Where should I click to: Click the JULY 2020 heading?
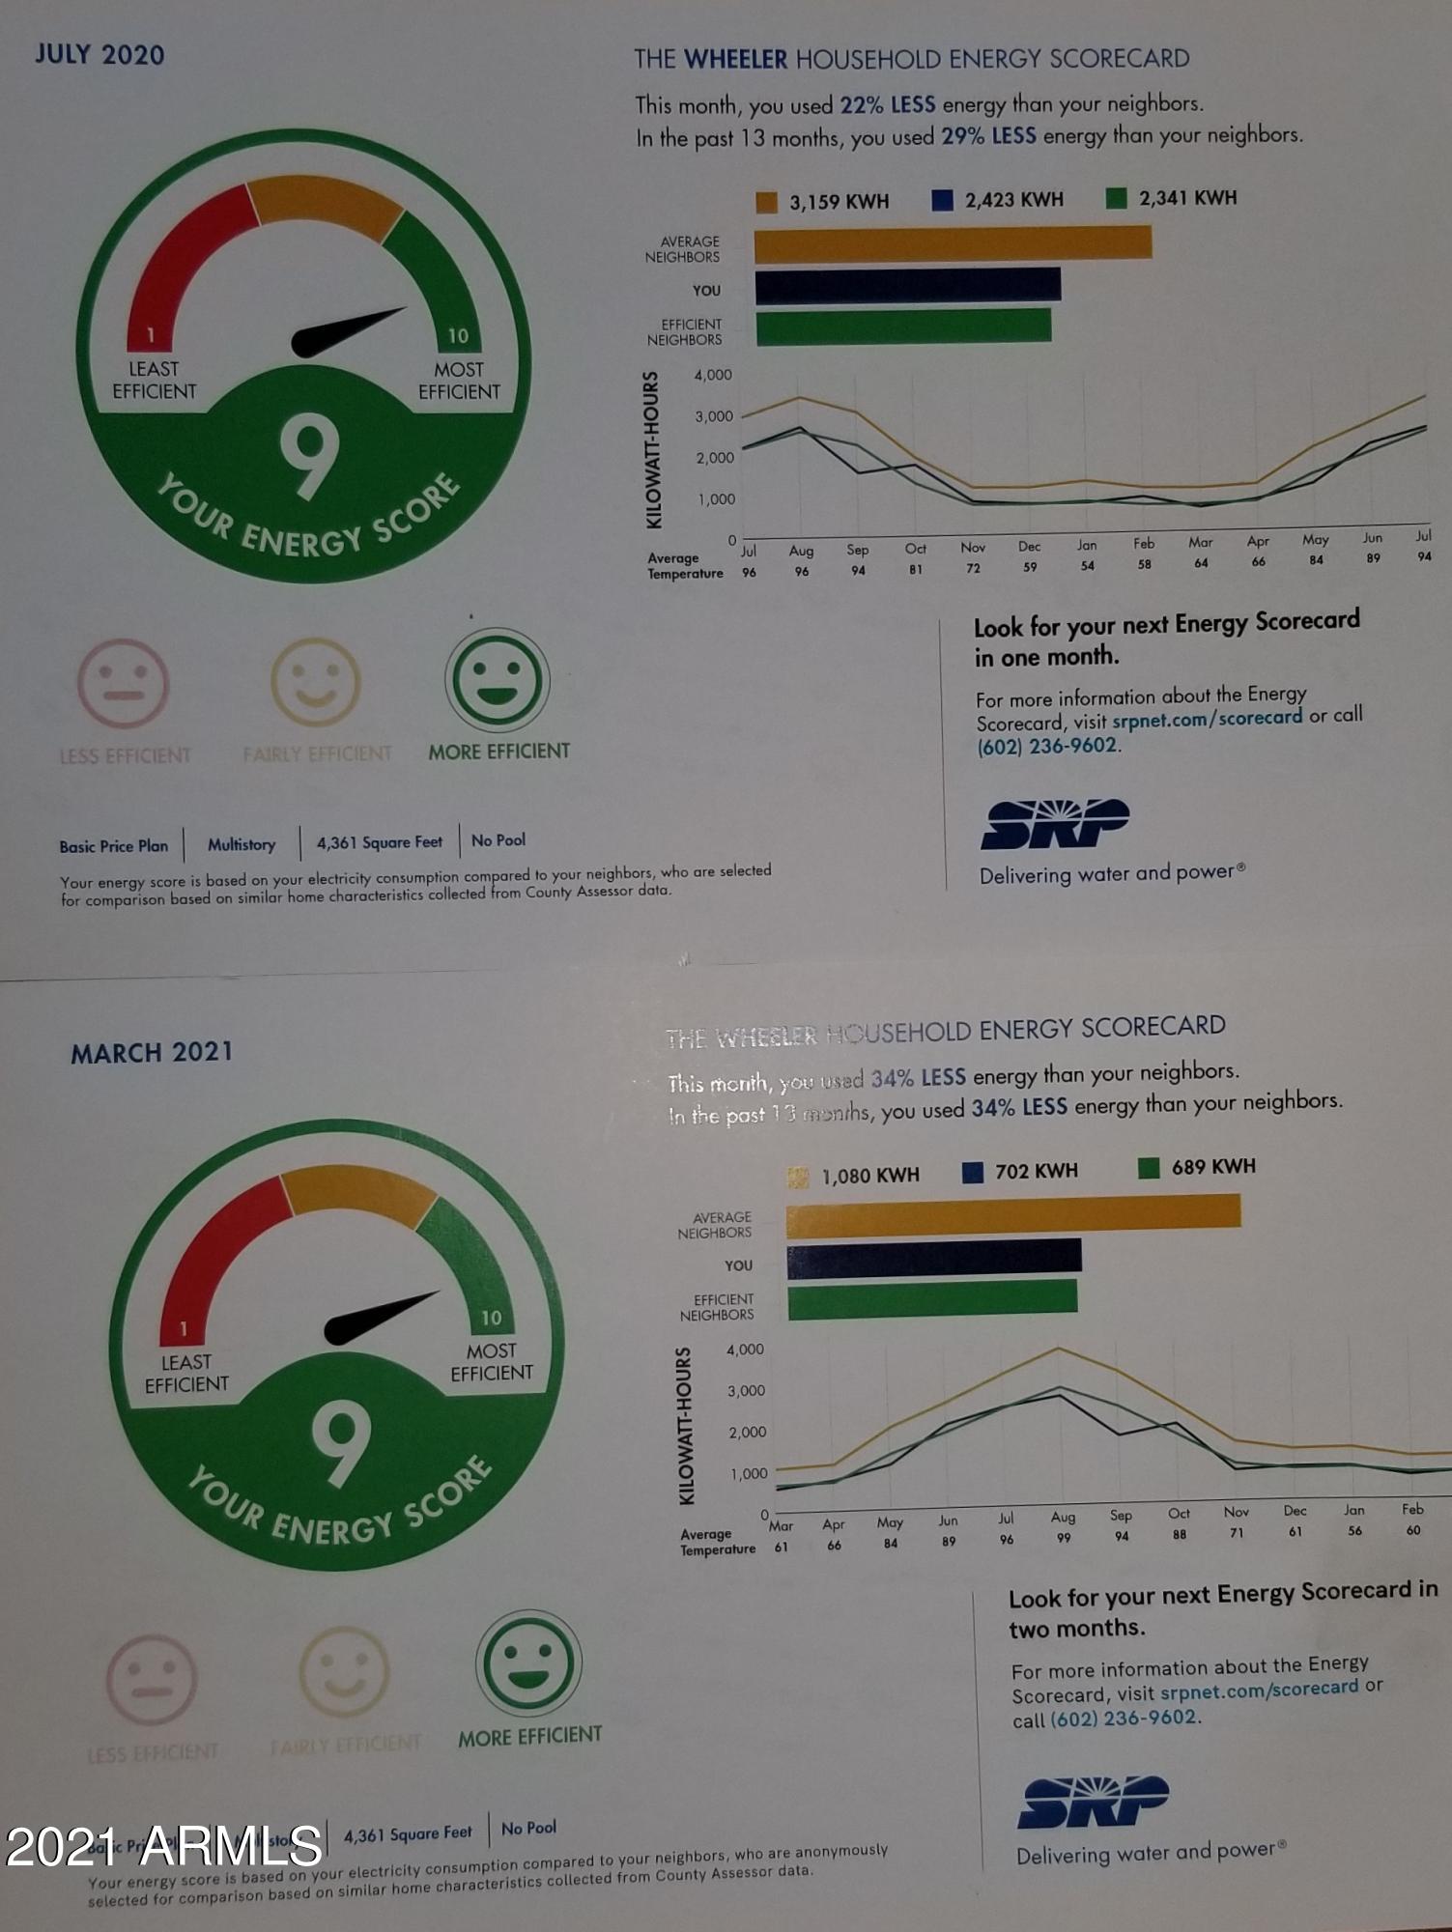pos(100,54)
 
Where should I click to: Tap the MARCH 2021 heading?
pos(152,1052)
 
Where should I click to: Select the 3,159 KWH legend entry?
pos(823,202)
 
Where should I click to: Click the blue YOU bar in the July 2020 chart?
pos(907,286)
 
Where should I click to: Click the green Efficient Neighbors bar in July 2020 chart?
pos(902,327)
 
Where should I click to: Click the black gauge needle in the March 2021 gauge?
pos(377,1317)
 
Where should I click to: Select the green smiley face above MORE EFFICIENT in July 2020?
pos(498,680)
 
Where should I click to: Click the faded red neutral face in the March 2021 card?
pos(152,1680)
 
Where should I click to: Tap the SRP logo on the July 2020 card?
pos(1055,824)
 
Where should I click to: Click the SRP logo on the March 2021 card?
pos(1093,1802)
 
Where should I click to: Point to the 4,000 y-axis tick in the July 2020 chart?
pos(713,375)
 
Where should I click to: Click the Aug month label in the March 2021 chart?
pos(1063,1518)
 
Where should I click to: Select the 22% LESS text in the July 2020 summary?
pos(887,104)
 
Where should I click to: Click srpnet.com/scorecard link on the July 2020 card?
pos(1207,718)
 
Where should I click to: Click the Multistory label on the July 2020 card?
pos(242,845)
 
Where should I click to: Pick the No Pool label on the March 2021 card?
pos(528,1828)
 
